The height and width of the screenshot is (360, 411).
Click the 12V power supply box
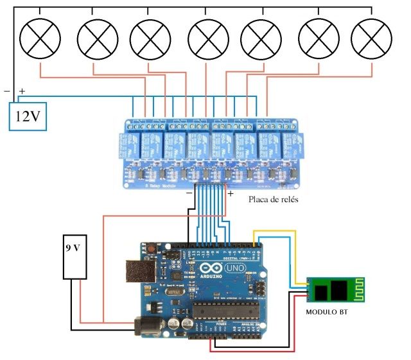28,117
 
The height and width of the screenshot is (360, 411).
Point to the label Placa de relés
273,200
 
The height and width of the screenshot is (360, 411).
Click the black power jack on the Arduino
145,325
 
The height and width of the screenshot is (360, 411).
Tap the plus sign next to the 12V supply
22,92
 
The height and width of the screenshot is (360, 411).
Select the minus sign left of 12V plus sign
7,90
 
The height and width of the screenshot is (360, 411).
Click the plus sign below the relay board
231,192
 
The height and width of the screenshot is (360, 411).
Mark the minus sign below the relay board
189,192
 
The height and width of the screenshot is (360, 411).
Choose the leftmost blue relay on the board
128,146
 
